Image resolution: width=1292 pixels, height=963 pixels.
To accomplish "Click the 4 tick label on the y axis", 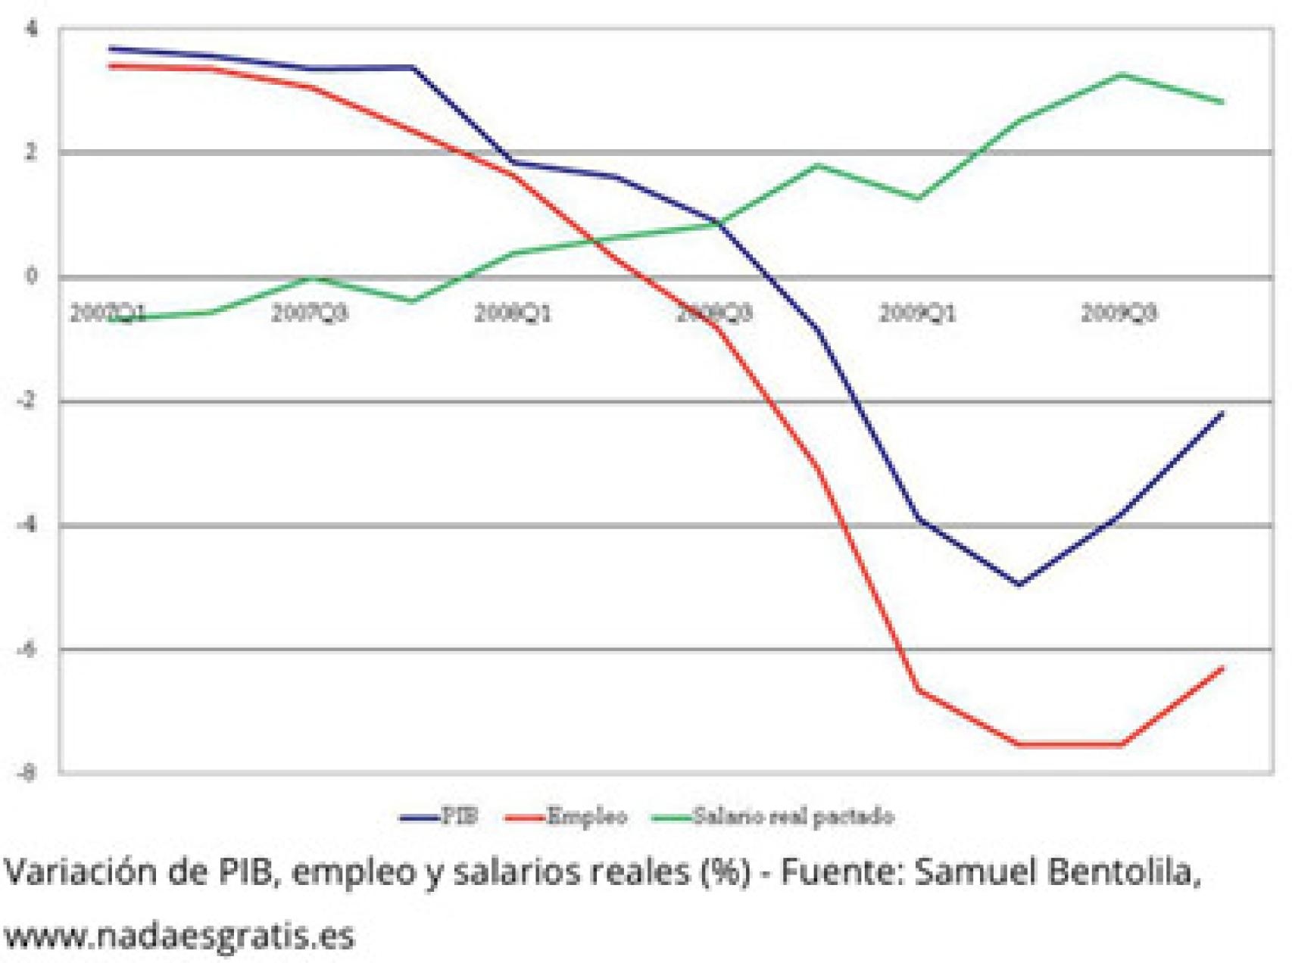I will (x=31, y=29).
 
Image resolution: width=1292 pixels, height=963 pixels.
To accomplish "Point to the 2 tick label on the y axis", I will (x=31, y=152).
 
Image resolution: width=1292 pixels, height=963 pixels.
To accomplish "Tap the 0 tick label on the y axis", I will (x=31, y=276).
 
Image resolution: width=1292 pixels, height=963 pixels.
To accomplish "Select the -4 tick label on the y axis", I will (x=28, y=525).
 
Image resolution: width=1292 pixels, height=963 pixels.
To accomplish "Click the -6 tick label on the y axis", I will (x=28, y=649).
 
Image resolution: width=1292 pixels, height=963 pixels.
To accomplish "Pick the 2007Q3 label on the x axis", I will (x=310, y=313).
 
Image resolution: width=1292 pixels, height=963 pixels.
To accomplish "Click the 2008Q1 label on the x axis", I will (x=513, y=313).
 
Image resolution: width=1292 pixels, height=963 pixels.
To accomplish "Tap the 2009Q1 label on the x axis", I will (x=917, y=313).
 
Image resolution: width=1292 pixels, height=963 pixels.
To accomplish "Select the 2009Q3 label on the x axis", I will (x=1119, y=313).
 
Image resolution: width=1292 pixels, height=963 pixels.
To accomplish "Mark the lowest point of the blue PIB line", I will (x=1019, y=584).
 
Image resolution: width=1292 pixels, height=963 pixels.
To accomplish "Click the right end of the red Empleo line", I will (x=1222, y=668).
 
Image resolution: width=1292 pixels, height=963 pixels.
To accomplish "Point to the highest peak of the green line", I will (x=1121, y=74).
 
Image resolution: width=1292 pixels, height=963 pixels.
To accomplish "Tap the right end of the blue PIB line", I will (x=1222, y=413).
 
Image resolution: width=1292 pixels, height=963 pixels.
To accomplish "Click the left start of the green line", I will (x=111, y=319).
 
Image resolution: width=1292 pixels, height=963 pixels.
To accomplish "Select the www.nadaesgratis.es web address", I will (x=179, y=936).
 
